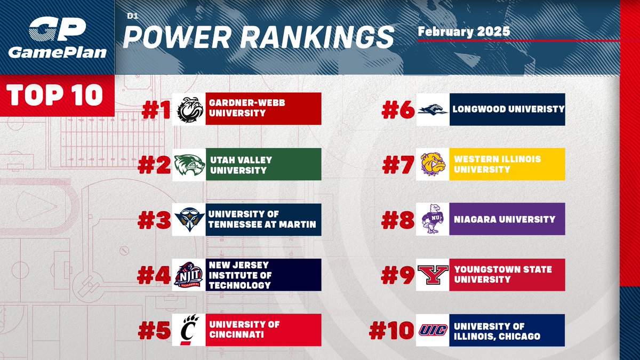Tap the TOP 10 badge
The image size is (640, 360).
(x=56, y=94)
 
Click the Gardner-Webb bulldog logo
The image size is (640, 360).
(x=189, y=109)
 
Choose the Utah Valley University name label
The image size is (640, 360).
(x=263, y=165)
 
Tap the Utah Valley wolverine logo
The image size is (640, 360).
(x=189, y=165)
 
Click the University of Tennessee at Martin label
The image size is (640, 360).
(x=263, y=220)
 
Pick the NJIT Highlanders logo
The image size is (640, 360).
(x=189, y=275)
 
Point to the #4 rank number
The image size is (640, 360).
(x=154, y=275)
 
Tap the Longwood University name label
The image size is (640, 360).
(x=507, y=109)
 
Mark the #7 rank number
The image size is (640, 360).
(x=398, y=165)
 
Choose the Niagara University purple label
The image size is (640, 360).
(x=507, y=219)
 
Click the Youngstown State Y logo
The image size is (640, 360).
(x=433, y=275)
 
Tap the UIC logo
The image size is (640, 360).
(x=433, y=330)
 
